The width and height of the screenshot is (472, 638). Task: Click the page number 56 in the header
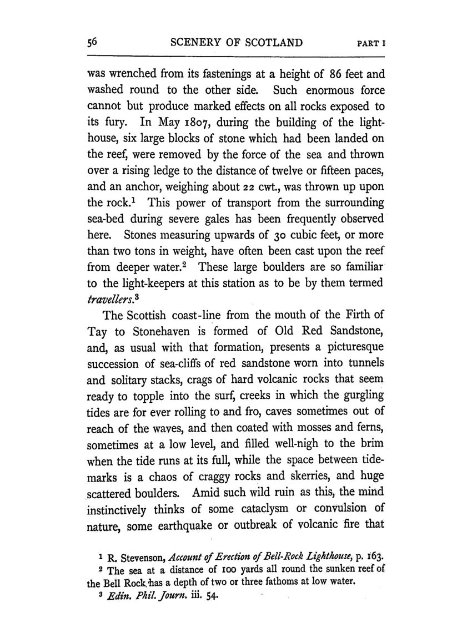[x=92, y=43]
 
